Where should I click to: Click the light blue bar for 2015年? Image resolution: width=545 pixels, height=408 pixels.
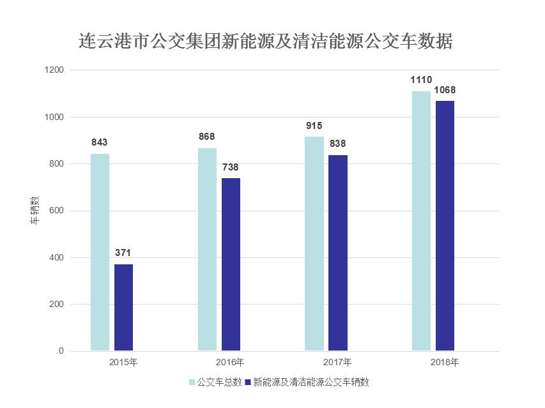tap(100, 252)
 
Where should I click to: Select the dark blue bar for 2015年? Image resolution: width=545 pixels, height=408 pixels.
tap(124, 307)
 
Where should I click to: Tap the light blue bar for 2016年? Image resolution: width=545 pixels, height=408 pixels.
tap(207, 249)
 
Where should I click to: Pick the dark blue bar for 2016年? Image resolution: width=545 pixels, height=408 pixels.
tap(231, 264)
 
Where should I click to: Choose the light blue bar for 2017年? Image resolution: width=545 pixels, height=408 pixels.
tap(314, 243)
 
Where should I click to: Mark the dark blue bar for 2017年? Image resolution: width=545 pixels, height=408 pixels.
tap(338, 253)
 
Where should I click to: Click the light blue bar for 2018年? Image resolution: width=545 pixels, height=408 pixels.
tap(421, 221)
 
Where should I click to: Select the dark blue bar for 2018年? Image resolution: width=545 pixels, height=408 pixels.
tap(445, 225)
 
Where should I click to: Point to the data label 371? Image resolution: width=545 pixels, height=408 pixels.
tap(123, 253)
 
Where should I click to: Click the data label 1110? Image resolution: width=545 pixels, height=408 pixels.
tap(421, 80)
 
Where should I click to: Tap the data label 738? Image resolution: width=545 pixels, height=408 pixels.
tap(231, 167)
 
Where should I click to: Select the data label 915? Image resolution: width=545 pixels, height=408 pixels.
tap(314, 125)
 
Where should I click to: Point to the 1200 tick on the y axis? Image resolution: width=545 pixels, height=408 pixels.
tap(55, 70)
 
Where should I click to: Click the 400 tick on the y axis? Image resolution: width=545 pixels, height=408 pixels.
tap(57, 258)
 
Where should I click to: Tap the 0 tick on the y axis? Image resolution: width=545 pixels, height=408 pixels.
tap(61, 351)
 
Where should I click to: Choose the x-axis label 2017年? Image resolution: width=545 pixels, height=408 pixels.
tap(337, 363)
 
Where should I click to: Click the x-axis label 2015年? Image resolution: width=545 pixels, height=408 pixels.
tap(123, 363)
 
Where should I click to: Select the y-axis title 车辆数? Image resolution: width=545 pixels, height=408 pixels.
tap(36, 211)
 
